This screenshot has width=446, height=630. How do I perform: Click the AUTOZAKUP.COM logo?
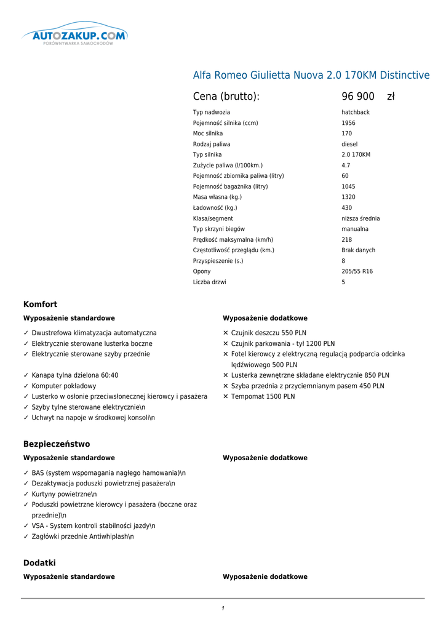coord(74,36)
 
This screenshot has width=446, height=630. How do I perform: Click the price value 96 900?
coord(358,97)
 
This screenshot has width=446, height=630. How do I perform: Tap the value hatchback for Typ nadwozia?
coord(356,113)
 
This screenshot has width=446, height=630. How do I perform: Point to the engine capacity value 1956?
coord(348,123)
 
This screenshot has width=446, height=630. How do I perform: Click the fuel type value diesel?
coord(349,145)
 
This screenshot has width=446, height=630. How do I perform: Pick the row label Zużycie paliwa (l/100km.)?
coord(228,165)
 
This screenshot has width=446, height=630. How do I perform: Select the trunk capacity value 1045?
coord(348,186)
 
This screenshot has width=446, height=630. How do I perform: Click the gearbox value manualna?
coord(355,229)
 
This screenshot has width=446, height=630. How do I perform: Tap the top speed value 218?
coord(347,240)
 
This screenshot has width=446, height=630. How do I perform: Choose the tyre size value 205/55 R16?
coord(357,271)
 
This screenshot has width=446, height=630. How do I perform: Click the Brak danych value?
coord(358,250)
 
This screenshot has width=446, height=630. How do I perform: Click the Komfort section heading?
coord(40,305)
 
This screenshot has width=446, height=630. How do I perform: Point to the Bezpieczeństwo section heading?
coord(57,444)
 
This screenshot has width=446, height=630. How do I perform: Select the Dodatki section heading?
coord(39,563)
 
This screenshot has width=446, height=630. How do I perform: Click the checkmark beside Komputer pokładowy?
coord(26,386)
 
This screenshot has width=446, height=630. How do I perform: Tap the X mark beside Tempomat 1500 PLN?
coord(226,397)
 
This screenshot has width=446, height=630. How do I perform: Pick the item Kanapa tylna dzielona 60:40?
coord(75,375)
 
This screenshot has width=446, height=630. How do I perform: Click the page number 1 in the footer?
coord(223,608)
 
